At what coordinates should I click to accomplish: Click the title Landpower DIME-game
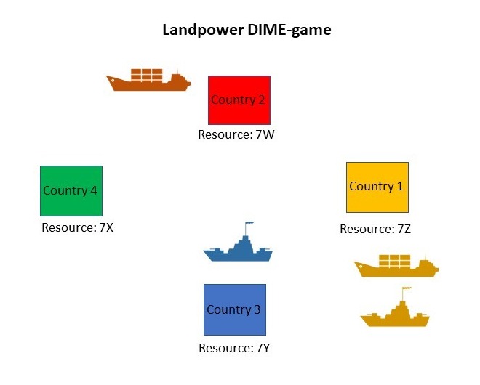click(x=247, y=31)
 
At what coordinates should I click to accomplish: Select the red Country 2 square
click(x=239, y=100)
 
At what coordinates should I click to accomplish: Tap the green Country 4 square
click(x=71, y=190)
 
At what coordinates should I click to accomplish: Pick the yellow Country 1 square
click(x=377, y=187)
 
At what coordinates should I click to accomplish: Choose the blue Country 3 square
click(x=234, y=309)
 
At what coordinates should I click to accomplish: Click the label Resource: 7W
click(x=236, y=135)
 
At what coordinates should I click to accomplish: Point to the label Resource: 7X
click(x=77, y=227)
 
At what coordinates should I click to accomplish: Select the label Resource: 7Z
click(x=375, y=229)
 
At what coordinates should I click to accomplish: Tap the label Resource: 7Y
click(x=234, y=348)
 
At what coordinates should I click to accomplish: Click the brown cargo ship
click(x=148, y=80)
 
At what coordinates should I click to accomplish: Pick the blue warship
click(x=238, y=248)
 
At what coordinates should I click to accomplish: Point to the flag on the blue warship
click(x=249, y=224)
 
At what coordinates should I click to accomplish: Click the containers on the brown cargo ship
click(x=146, y=74)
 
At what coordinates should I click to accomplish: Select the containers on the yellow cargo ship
click(x=393, y=260)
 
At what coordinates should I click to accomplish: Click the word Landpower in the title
click(x=201, y=31)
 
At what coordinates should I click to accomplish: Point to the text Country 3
click(x=234, y=309)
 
